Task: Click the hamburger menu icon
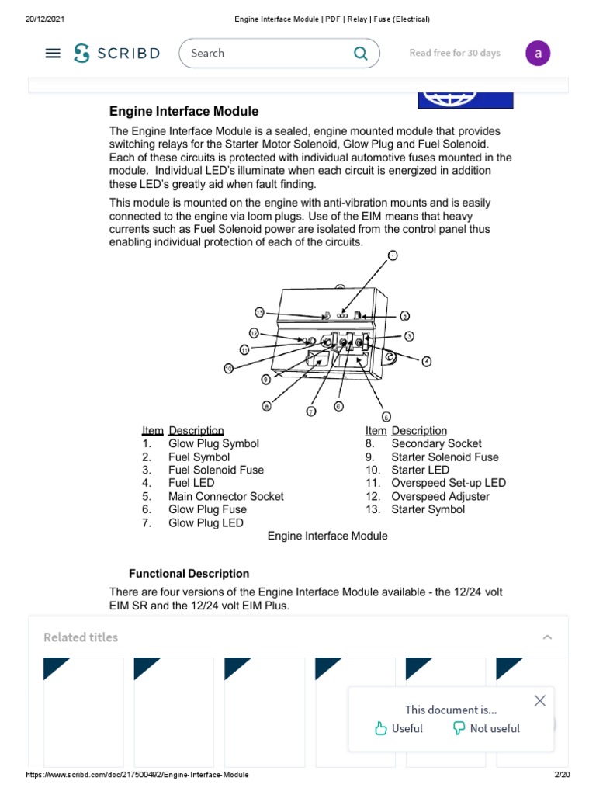coord(53,54)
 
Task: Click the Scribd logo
coord(116,54)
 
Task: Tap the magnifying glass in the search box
coord(360,54)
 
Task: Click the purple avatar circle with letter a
coord(538,54)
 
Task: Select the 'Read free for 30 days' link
coord(455,54)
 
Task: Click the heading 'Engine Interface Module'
coord(184,112)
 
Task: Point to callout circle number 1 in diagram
coord(393,255)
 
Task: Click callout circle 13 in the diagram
coord(259,312)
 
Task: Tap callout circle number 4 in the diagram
coord(426,361)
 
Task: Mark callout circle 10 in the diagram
coord(228,369)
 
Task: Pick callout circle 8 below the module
coord(266,405)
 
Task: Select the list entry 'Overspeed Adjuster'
coord(440,496)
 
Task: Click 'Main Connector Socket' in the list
coord(226,496)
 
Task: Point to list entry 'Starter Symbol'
coord(428,509)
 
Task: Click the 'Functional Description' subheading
coord(189,574)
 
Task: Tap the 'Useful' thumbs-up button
coord(398,728)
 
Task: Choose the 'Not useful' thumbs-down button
coord(486,728)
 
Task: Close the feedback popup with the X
coord(540,700)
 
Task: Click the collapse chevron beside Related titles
coord(547,637)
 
